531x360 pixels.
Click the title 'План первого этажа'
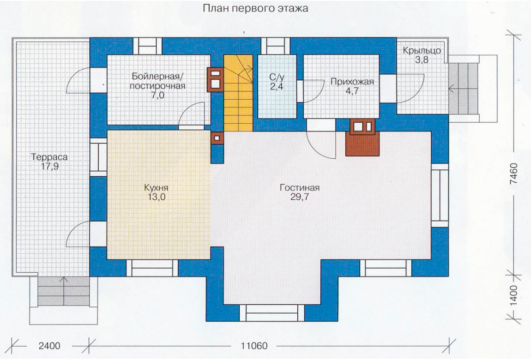tap(255, 8)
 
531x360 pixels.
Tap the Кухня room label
tap(156, 187)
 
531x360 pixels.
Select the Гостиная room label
tap(300, 187)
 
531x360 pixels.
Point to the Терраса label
tap(49, 157)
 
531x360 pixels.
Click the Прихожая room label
tap(352, 82)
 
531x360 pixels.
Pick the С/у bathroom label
tap(277, 77)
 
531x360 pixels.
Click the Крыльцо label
tap(422, 50)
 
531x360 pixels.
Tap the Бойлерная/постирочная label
tap(157, 80)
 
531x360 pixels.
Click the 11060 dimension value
tap(254, 346)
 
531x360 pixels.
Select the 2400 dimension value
tap(49, 346)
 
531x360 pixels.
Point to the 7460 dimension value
tap(514, 174)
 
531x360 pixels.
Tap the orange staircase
tap(238, 93)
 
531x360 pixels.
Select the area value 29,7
tap(300, 197)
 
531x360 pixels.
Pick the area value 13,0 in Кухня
tap(156, 197)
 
